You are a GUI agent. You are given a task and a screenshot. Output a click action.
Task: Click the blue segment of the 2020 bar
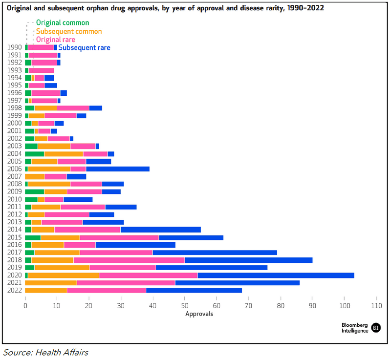[x=276, y=275]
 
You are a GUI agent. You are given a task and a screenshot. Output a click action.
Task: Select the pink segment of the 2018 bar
[x=129, y=260]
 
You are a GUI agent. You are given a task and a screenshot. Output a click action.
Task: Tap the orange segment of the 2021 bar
[x=51, y=282]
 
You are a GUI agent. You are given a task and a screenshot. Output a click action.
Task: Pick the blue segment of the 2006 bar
[x=117, y=169]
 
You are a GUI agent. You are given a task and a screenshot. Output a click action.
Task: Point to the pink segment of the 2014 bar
[x=87, y=229]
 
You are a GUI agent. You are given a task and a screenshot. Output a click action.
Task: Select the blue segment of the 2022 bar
[x=194, y=290]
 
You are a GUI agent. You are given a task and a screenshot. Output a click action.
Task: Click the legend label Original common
[x=63, y=23]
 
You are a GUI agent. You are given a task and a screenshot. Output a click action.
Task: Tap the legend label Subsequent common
[x=68, y=31]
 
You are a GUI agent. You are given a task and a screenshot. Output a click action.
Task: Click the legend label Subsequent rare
[x=84, y=47]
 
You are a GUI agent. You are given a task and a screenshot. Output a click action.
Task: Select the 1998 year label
[x=15, y=108]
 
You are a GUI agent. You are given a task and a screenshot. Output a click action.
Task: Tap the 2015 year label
[x=15, y=237]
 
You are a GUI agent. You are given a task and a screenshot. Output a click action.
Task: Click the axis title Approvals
[x=199, y=314]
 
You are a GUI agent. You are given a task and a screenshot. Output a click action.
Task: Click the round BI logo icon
[x=375, y=327]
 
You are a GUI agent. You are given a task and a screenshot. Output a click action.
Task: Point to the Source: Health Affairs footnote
[x=46, y=352]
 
